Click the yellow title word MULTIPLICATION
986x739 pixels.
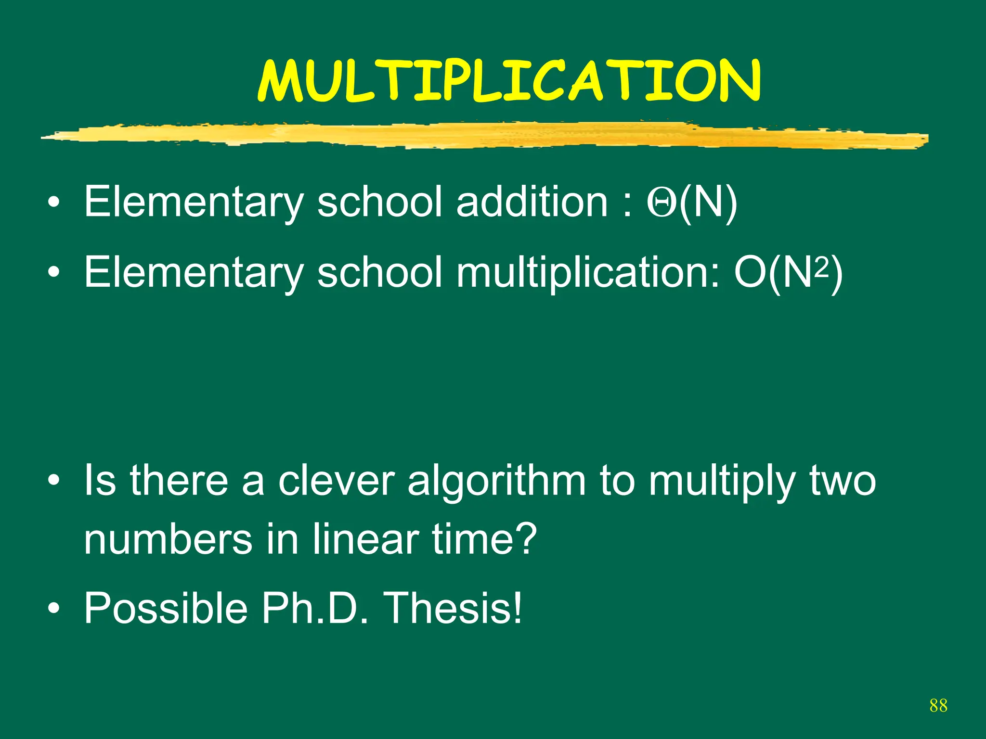point(509,81)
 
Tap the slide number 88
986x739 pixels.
point(938,705)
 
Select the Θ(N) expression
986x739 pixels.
point(692,202)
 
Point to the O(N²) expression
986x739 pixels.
point(788,272)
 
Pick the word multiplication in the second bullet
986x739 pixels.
point(587,272)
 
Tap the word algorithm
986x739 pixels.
point(496,481)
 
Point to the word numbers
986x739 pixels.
point(168,539)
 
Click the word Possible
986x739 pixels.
point(166,608)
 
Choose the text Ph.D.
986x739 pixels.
point(315,608)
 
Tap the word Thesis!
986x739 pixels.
point(454,608)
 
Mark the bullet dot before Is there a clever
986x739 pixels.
point(54,481)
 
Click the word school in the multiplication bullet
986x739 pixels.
point(379,272)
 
